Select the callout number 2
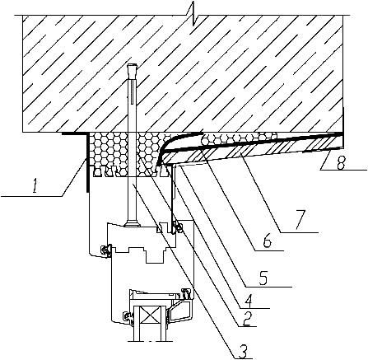click(247, 319)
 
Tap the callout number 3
click(244, 350)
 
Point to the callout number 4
click(249, 301)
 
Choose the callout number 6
click(268, 241)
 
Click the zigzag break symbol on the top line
click(193, 15)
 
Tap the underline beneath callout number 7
click(299, 232)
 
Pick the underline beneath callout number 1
click(31, 196)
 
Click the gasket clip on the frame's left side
click(105, 250)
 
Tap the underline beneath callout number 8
click(343, 171)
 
